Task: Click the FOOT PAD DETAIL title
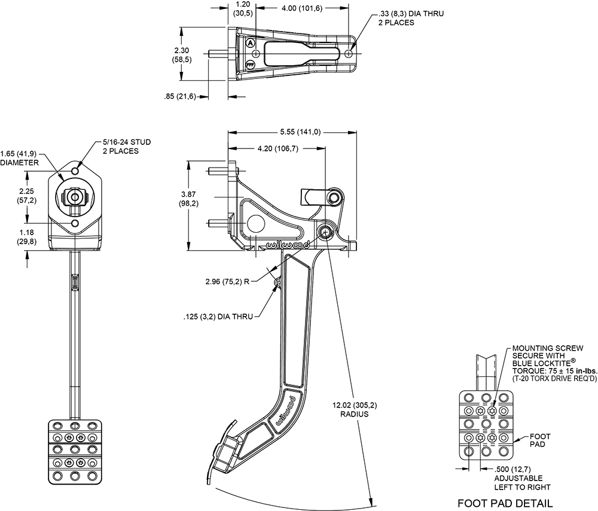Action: (x=505, y=503)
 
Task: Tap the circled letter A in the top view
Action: (x=250, y=43)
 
